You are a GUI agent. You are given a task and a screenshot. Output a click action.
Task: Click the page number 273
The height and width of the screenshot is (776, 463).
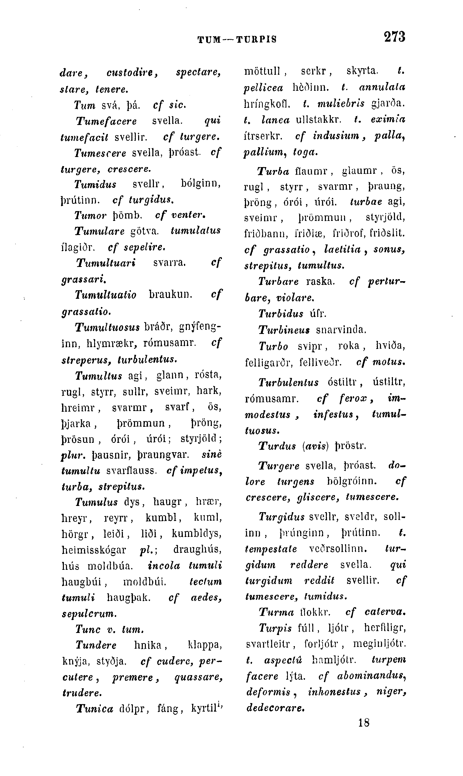pos(394,37)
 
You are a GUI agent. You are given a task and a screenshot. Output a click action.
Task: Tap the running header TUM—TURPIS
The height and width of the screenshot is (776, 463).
pos(237,40)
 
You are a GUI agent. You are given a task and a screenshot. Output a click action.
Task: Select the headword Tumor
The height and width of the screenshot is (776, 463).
pos(91,215)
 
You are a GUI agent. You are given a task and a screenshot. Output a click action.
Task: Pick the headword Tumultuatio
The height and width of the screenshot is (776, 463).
pos(106,295)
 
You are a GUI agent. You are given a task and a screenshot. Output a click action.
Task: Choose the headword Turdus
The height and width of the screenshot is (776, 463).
pos(277,446)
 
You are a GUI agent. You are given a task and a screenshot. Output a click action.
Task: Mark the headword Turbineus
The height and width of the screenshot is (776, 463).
pos(284,330)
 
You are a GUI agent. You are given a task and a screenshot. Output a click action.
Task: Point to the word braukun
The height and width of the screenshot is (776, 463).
pos(170,295)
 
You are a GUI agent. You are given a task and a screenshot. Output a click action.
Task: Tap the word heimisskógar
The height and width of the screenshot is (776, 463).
pos(94,549)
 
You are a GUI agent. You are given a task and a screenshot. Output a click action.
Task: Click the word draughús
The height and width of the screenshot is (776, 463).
pos(198,549)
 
